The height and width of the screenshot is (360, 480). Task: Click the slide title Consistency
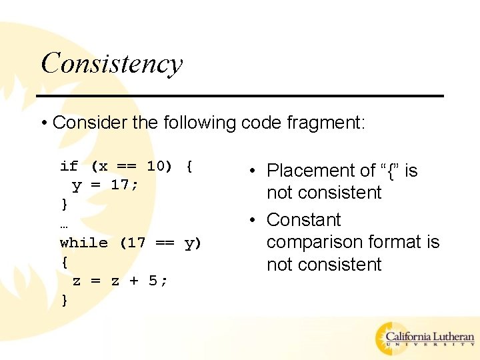click(x=111, y=63)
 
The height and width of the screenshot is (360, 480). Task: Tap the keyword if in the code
click(x=69, y=166)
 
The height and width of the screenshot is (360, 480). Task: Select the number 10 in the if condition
click(x=155, y=166)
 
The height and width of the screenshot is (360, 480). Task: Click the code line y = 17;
click(x=105, y=185)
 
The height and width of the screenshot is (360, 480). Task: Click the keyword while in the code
click(x=83, y=243)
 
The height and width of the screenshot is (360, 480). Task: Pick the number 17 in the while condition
click(x=136, y=243)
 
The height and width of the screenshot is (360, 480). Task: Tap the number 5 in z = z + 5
click(x=153, y=281)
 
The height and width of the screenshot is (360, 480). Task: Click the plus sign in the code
click(x=135, y=281)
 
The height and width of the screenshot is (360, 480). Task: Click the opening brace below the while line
click(x=64, y=262)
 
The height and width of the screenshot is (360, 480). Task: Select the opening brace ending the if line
click(x=189, y=166)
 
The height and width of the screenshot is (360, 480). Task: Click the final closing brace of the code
click(x=64, y=300)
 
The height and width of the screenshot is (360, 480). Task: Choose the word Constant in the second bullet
click(x=303, y=220)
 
